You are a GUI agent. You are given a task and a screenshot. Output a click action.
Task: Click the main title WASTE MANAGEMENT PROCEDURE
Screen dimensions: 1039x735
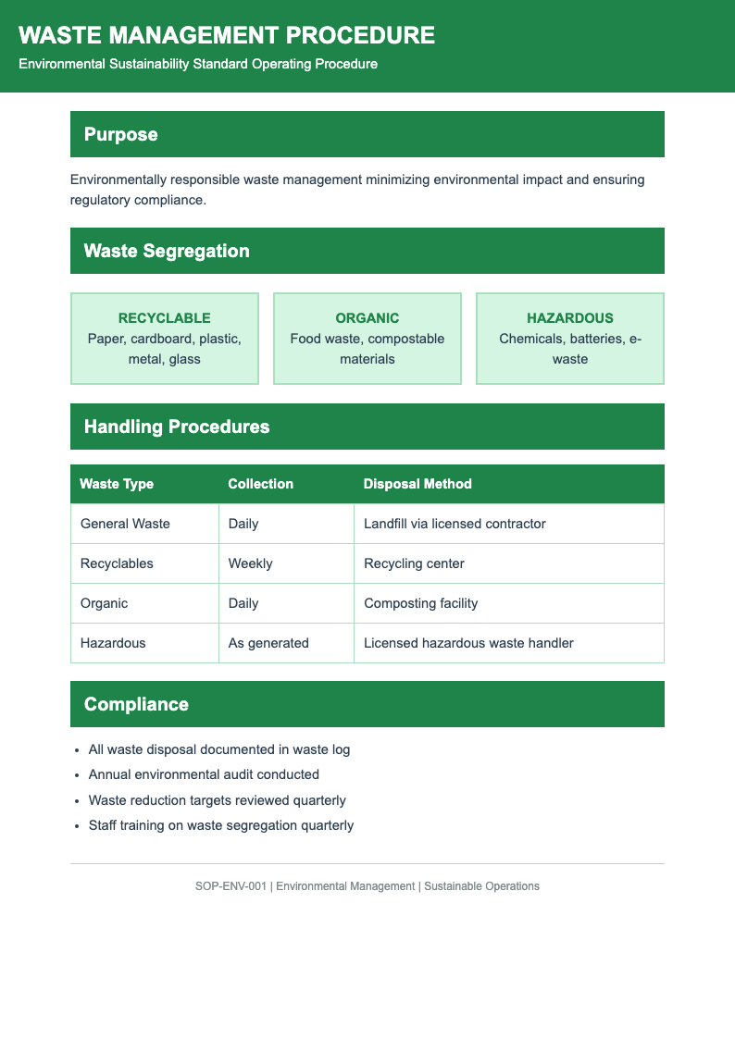tap(226, 35)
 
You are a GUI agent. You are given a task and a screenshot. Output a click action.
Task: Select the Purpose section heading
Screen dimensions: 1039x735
tap(120, 134)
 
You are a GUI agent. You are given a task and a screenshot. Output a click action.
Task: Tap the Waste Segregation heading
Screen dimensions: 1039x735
tap(167, 251)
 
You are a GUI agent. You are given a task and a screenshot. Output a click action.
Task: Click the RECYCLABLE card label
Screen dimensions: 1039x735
tap(164, 318)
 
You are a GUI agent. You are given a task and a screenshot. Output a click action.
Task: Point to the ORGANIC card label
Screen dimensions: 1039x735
tap(367, 318)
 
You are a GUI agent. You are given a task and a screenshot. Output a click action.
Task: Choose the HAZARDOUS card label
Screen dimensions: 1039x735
tap(569, 318)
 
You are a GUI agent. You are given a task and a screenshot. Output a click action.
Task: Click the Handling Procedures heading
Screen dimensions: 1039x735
tap(177, 427)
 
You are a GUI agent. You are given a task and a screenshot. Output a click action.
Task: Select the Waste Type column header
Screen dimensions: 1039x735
tap(117, 484)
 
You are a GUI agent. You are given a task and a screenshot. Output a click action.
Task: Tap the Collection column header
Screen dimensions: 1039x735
tap(260, 484)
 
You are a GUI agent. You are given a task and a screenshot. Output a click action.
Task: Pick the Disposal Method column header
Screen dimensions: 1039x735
tap(417, 484)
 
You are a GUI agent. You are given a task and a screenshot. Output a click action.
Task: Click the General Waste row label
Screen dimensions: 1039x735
tap(125, 524)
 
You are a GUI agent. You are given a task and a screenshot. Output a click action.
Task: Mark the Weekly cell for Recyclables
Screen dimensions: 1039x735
tap(250, 563)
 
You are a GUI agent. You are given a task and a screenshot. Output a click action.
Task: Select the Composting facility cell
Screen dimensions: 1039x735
tap(420, 603)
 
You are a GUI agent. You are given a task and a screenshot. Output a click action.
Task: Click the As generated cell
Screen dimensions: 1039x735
tap(268, 643)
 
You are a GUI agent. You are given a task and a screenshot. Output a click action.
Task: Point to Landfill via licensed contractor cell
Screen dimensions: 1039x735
tap(455, 524)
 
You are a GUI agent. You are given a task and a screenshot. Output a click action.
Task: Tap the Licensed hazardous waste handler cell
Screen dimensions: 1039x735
tap(468, 643)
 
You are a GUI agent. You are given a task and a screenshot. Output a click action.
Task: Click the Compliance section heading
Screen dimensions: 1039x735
tap(136, 704)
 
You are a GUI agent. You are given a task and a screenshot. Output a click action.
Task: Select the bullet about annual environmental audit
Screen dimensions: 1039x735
tap(204, 774)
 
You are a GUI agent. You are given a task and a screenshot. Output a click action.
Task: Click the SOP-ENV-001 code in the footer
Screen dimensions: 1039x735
tap(230, 886)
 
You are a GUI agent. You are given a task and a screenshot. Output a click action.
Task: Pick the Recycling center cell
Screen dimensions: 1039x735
tap(414, 563)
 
